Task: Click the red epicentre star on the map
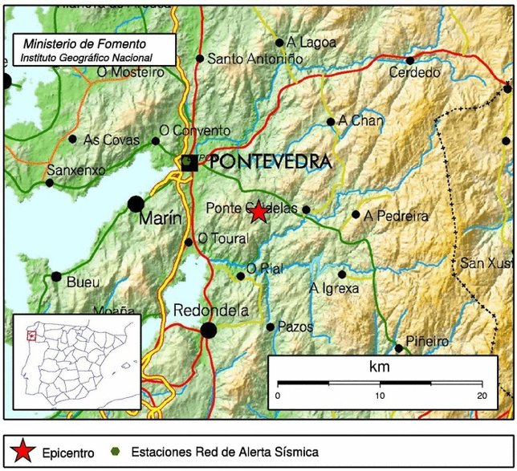[x=258, y=212]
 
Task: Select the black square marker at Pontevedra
[x=189, y=161]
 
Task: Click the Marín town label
[x=161, y=219]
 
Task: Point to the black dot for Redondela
[x=209, y=330]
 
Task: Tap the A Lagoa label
[x=311, y=43]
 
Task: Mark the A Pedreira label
[x=396, y=216]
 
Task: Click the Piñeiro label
[x=427, y=341]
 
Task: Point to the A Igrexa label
[x=334, y=288]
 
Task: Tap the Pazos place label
[x=295, y=327]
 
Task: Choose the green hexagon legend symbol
[x=117, y=451]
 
